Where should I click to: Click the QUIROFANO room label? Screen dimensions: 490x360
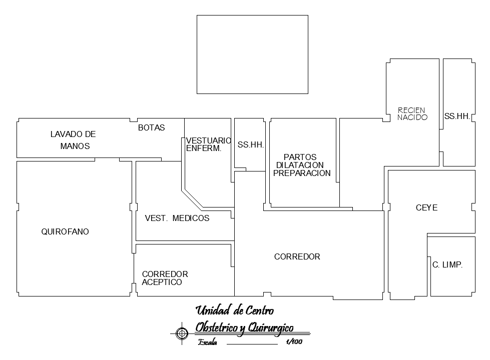click(x=65, y=231)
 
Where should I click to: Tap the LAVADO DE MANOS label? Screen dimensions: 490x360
click(x=74, y=140)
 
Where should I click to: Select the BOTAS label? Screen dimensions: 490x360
click(x=152, y=127)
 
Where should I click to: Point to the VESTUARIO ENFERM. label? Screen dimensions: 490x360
click(x=208, y=144)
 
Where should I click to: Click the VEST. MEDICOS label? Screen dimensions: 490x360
click(x=177, y=218)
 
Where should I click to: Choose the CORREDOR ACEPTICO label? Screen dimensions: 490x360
click(x=165, y=278)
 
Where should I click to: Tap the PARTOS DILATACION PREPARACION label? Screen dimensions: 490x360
click(x=302, y=165)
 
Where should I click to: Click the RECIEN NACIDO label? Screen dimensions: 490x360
click(x=412, y=113)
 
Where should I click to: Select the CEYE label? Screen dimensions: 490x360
click(x=426, y=208)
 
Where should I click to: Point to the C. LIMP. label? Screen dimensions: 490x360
click(x=447, y=265)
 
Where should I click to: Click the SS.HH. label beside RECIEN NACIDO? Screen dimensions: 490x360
click(x=457, y=116)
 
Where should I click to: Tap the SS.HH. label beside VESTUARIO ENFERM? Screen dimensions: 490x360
click(x=251, y=145)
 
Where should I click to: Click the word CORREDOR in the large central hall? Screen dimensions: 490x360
click(x=297, y=256)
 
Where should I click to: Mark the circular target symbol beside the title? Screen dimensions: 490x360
click(x=182, y=333)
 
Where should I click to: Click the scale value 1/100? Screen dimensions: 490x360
click(x=294, y=341)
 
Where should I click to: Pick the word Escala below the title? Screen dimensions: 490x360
click(x=208, y=342)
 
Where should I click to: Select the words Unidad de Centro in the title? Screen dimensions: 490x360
click(x=235, y=310)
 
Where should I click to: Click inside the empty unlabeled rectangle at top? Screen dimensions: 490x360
click(x=252, y=54)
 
